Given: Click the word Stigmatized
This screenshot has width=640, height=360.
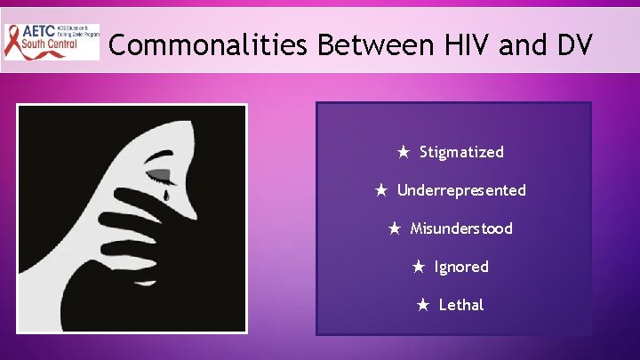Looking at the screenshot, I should [x=461, y=152].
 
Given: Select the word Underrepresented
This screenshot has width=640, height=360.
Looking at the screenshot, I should [x=461, y=190].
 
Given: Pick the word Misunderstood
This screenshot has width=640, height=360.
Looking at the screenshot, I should [x=461, y=228].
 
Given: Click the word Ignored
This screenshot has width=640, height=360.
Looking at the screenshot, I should [x=461, y=267].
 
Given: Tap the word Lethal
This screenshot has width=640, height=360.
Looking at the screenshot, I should [x=461, y=305].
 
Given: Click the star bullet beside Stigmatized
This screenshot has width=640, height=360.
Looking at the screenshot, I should [x=403, y=152].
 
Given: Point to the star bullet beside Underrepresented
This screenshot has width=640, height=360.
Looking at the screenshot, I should [x=380, y=190].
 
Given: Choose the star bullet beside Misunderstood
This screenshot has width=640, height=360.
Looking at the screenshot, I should [x=394, y=228].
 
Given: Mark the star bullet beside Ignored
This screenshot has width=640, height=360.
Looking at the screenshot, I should [x=418, y=267].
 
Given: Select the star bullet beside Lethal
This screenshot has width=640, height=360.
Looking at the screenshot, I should [x=423, y=305].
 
